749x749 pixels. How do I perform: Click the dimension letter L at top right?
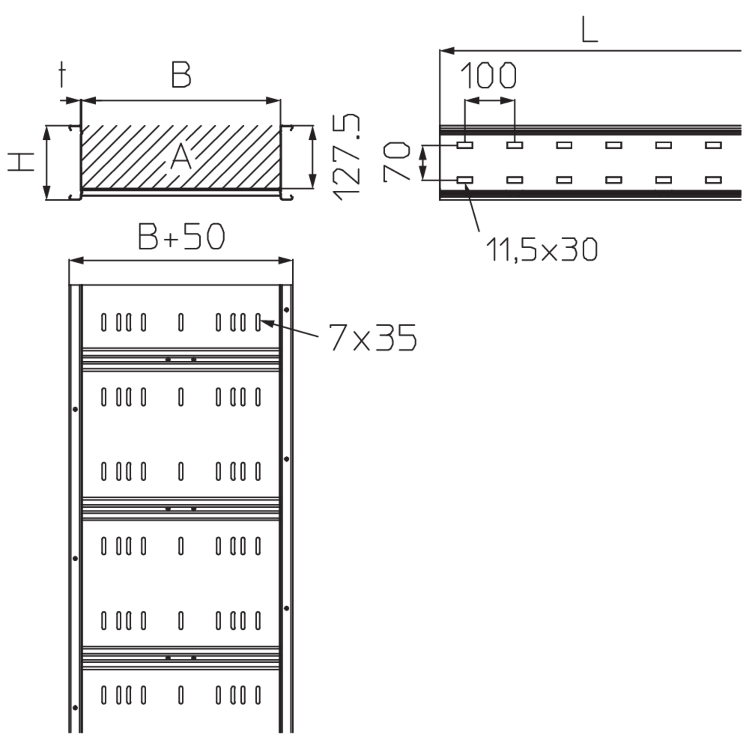click(x=589, y=29)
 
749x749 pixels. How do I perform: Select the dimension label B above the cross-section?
click(x=181, y=75)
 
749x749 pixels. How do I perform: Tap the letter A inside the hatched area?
click(x=181, y=156)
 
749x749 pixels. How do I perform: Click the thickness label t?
click(x=62, y=75)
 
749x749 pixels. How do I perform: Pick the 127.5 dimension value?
click(x=346, y=157)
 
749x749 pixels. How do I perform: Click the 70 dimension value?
click(x=396, y=162)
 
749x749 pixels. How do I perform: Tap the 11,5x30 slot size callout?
click(x=542, y=249)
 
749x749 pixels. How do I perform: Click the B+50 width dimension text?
click(x=181, y=236)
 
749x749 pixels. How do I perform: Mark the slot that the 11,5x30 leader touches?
click(x=465, y=180)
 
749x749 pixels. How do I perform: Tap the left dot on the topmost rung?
click(x=168, y=360)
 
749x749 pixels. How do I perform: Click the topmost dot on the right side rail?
click(x=286, y=310)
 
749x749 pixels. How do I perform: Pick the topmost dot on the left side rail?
click(x=75, y=410)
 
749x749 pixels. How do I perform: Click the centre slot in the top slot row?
click(x=181, y=322)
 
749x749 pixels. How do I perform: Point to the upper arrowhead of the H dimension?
click(x=46, y=133)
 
